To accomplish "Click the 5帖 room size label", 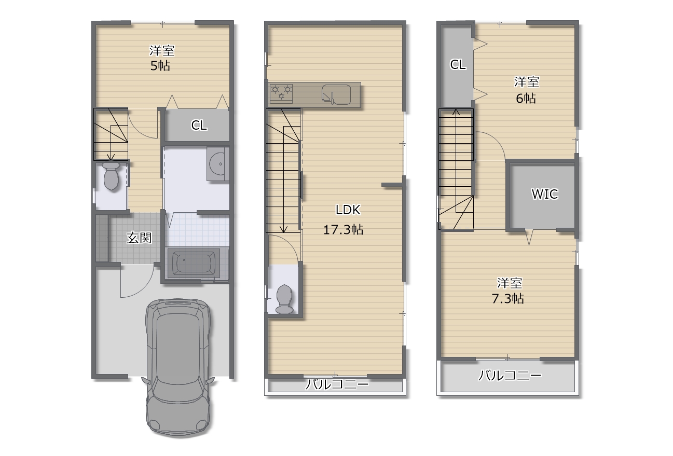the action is pyautogui.click(x=160, y=66).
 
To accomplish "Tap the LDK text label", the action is pyautogui.click(x=348, y=210).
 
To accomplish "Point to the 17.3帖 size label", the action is pyautogui.click(x=343, y=230).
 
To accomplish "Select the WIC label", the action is pyautogui.click(x=545, y=194).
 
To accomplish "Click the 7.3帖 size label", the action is pyautogui.click(x=508, y=299).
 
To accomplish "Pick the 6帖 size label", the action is pyautogui.click(x=526, y=98).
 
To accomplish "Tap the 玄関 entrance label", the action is pyautogui.click(x=139, y=238).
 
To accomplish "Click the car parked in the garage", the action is pyautogui.click(x=178, y=367).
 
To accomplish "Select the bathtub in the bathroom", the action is pyautogui.click(x=194, y=263).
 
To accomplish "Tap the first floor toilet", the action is pyautogui.click(x=111, y=176).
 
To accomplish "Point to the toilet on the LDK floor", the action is pyautogui.click(x=284, y=299).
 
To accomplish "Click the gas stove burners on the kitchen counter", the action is pyautogui.click(x=281, y=92).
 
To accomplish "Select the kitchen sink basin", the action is pyautogui.click(x=336, y=94).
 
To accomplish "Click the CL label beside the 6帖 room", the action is pyautogui.click(x=458, y=64).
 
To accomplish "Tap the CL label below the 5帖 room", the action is pyautogui.click(x=199, y=125).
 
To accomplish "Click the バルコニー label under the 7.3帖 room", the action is pyautogui.click(x=509, y=376).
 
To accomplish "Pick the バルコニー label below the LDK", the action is pyautogui.click(x=336, y=384).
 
